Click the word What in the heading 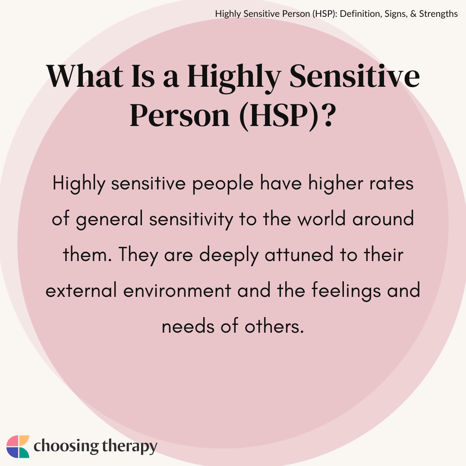(85, 76)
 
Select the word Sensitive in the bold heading (354, 76)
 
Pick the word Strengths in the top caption (438, 14)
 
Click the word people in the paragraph (223, 184)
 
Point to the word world (321, 219)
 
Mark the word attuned (299, 255)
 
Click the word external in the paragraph (81, 290)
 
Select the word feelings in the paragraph (346, 291)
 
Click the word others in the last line (274, 326)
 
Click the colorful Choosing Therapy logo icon (18, 447)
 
